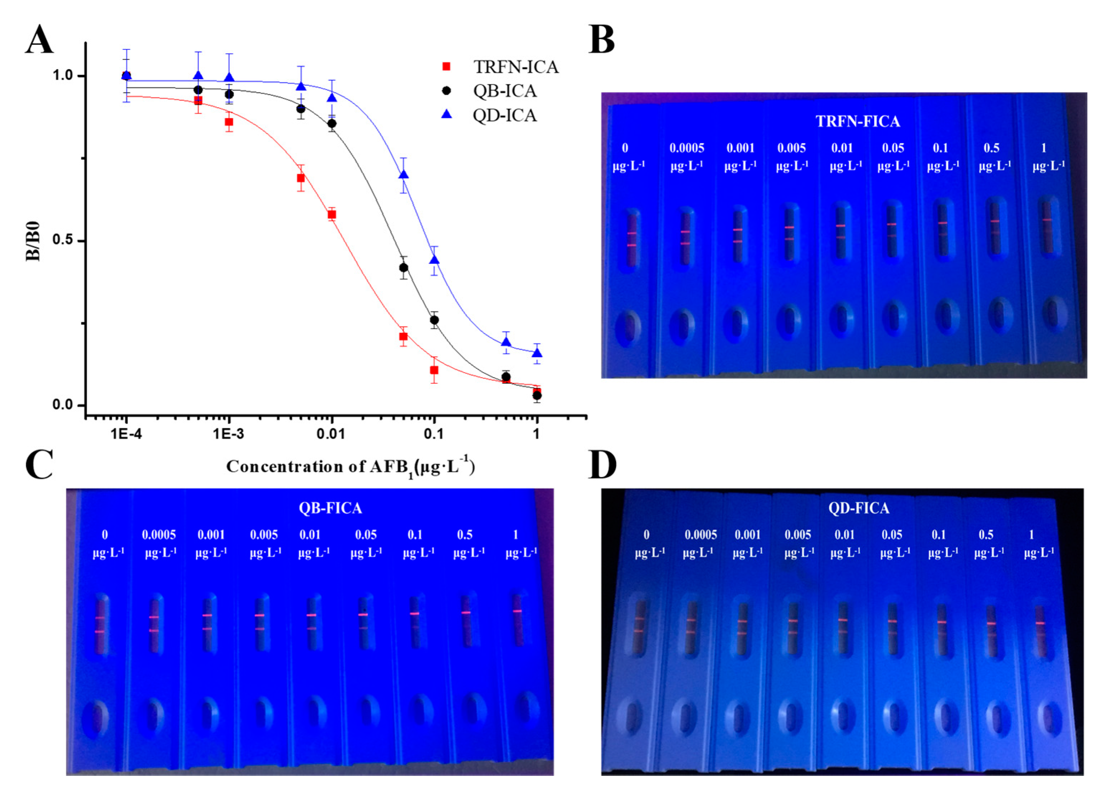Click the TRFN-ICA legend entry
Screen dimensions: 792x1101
coord(515,67)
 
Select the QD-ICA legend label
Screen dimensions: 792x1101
coord(505,115)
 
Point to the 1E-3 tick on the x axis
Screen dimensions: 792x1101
coord(229,433)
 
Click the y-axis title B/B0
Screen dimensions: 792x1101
coord(33,241)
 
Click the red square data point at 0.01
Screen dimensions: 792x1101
coord(332,215)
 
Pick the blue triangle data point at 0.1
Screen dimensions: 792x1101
coord(434,260)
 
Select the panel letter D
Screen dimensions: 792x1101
coord(602,465)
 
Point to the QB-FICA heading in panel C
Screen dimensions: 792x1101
coord(330,508)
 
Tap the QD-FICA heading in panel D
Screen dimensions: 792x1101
coord(858,508)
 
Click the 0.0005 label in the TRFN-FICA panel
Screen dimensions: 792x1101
coord(686,148)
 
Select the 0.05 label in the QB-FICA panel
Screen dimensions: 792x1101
coord(366,535)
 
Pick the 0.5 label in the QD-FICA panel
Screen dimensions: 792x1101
coord(986,535)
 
